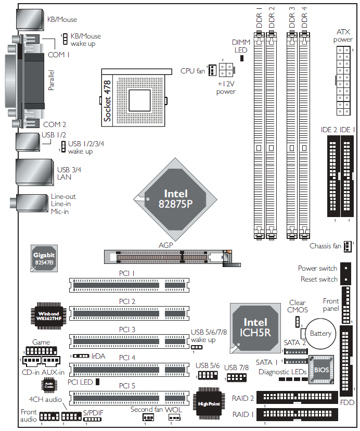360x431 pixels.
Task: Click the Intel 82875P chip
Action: click(x=175, y=199)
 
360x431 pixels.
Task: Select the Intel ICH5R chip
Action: click(x=255, y=328)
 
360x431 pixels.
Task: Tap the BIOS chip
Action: click(x=321, y=370)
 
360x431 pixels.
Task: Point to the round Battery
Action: click(x=320, y=334)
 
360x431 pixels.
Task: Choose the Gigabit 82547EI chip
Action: click(x=44, y=258)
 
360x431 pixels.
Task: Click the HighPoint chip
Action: click(x=209, y=403)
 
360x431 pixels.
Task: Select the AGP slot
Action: click(x=168, y=257)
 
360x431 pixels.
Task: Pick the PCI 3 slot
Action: click(x=129, y=341)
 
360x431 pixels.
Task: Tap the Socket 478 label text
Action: click(x=107, y=101)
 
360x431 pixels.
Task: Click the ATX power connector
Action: click(x=343, y=81)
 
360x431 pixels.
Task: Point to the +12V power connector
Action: click(x=226, y=70)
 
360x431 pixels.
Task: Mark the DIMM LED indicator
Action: click(x=242, y=58)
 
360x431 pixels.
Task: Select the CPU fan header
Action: click(x=212, y=70)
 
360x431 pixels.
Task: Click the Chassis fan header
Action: click(x=348, y=246)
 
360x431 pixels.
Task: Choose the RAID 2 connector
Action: click(x=297, y=398)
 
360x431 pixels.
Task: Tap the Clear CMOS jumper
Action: click(x=298, y=322)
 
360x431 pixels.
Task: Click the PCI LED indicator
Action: click(x=97, y=382)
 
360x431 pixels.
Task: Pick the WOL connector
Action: click(x=174, y=417)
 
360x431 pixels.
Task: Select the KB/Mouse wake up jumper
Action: click(x=65, y=39)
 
